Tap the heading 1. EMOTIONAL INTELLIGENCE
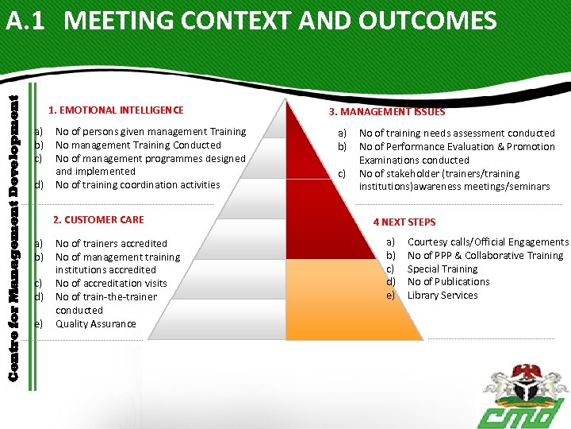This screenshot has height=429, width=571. pos(116,110)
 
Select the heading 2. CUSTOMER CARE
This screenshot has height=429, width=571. pos(98,219)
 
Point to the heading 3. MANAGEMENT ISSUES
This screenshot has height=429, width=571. pos(387,112)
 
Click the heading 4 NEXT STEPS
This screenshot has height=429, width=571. pos(404,222)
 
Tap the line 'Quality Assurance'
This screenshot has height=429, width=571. pos(96,323)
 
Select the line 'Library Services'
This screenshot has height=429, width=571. pos(443,295)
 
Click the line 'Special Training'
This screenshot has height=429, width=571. pos(443,269)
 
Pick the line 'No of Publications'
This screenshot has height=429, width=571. pos(449,281)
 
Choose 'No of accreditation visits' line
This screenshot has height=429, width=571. pos(111,283)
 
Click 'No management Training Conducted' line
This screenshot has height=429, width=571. pos(138,145)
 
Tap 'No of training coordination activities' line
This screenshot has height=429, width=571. pos(138,184)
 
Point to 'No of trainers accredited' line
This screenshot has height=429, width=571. pos(111,243)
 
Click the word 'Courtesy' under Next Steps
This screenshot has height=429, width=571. pos(427,242)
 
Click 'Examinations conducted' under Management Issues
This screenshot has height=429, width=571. pos(414,160)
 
